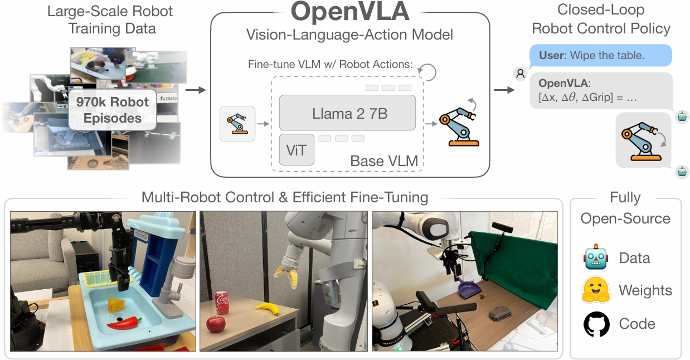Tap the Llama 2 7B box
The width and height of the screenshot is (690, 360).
pyautogui.click(x=347, y=113)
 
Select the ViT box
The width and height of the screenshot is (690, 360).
pyautogui.click(x=297, y=150)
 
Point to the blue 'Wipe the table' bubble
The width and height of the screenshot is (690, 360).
pyautogui.click(x=601, y=56)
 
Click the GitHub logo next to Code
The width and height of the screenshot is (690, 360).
pyautogui.click(x=596, y=324)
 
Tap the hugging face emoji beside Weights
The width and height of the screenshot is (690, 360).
pyautogui.click(x=596, y=290)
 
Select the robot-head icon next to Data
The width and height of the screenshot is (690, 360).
pyautogui.click(x=596, y=257)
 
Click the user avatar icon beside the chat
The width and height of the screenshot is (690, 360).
pyautogui.click(x=520, y=72)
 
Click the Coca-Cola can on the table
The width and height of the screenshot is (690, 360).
pyautogui.click(x=222, y=304)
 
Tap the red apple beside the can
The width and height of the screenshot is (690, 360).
pyautogui.click(x=215, y=324)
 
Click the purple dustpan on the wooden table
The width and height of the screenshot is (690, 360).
pyautogui.click(x=467, y=289)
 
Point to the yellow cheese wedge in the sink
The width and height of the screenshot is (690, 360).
pyautogui.click(x=116, y=305)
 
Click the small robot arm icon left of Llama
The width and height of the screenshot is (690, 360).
pyautogui.click(x=237, y=123)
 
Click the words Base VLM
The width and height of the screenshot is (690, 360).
pyautogui.click(x=384, y=162)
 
